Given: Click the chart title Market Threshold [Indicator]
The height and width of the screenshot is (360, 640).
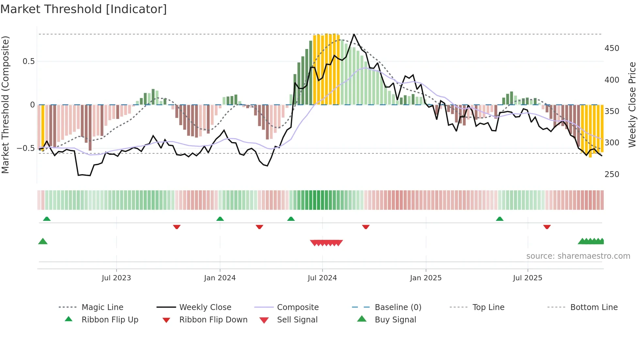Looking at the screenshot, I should coord(84,9).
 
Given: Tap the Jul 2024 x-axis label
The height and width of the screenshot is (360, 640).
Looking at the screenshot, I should coord(322,278).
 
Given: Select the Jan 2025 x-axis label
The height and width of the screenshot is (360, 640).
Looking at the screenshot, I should coord(425,278).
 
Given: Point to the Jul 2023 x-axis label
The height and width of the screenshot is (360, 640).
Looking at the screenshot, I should coord(116,278).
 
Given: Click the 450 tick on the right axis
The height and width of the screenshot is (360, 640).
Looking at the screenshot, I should coord(612,48).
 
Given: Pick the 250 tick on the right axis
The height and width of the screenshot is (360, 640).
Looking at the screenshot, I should coord(612,174).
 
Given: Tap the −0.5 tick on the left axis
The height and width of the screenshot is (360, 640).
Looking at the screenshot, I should coord(25,148).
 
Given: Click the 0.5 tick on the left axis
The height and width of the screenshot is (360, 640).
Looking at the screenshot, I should coord(28,61).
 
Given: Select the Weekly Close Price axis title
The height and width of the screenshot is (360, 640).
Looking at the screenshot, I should coord(632,105).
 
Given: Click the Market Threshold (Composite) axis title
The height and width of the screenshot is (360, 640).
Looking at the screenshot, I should coord(5,105).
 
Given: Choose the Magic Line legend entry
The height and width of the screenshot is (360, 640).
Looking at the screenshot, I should coord(102,307).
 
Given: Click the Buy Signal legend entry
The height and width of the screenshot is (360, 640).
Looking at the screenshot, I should coord(395,320).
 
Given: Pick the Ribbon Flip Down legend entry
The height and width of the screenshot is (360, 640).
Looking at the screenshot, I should coord(213,320).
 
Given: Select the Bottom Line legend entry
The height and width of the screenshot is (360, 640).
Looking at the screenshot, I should coord(594,307).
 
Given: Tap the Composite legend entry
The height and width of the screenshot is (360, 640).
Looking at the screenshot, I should coord(297,307).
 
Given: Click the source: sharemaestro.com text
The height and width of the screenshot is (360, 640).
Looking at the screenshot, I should coord(578,256).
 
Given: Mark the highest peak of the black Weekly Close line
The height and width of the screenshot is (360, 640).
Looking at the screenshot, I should coord(354,34).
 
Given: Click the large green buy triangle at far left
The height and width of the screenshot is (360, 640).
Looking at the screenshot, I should coord(43,241).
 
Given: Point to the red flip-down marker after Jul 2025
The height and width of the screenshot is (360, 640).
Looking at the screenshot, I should coord(547,227).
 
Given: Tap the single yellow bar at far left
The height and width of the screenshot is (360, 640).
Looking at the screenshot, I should coord(43,127).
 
